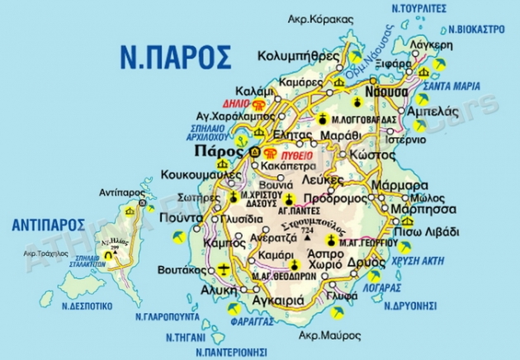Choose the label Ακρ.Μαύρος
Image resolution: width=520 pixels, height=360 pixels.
tap(334, 336)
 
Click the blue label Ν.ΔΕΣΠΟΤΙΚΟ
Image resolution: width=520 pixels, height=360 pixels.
tap(87, 306)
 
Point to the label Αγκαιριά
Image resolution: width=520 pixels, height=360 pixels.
tap(285, 301)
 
